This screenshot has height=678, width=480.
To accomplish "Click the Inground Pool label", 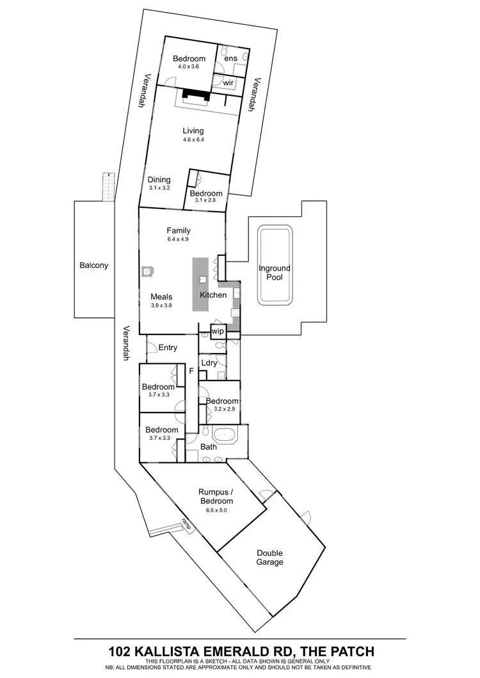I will [x=275, y=273].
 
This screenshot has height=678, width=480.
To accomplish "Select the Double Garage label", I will [x=270, y=558].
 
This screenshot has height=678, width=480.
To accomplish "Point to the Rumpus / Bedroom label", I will [x=215, y=496].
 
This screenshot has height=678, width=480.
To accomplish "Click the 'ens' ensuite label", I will [x=231, y=58].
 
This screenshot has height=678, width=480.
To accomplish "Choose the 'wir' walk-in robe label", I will [x=228, y=83].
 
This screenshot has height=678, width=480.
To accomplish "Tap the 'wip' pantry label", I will [x=217, y=332].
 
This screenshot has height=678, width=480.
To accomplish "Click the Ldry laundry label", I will [x=209, y=363].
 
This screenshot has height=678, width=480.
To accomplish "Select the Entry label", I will [x=168, y=347].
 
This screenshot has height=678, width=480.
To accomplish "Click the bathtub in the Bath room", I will [x=225, y=437].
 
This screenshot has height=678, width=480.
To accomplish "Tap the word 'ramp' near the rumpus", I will [x=187, y=523].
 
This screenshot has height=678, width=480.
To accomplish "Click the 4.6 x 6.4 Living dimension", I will [x=193, y=139].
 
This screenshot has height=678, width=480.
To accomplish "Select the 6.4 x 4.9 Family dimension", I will [x=179, y=239].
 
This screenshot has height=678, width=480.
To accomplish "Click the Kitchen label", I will [x=213, y=296].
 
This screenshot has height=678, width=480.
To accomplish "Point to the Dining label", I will [x=159, y=180].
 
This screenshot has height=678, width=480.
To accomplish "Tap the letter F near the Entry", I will [x=190, y=370].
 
